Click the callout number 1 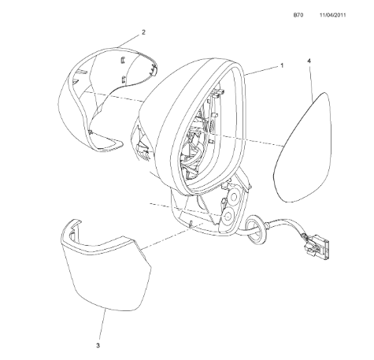282,65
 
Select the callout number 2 143,32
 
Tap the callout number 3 98,346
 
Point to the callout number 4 309,61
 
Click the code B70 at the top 298,15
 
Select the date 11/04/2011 332,15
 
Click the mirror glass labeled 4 302,147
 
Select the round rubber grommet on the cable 255,229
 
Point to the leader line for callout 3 102,325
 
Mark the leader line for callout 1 261,71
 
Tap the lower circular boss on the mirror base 228,216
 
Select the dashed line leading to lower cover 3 172,236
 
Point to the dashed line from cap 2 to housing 114,96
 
